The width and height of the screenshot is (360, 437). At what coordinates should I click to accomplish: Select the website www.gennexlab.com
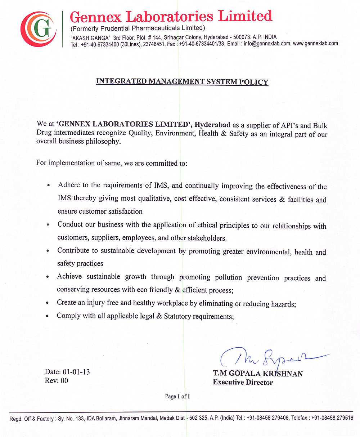click(315, 44)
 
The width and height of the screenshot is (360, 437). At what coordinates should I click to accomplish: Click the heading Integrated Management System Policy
click(182, 81)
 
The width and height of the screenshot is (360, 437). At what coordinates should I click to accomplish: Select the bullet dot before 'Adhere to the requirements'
click(49, 187)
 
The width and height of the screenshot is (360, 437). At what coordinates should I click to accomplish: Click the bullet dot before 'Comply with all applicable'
click(48, 316)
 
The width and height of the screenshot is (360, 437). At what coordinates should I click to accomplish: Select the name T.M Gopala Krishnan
click(257, 374)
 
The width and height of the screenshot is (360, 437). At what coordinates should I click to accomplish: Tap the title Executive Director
click(243, 382)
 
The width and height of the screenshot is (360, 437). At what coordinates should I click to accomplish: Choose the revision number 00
click(64, 380)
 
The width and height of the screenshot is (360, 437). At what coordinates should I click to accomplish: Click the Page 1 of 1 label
click(177, 396)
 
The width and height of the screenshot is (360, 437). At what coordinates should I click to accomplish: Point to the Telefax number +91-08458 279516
click(332, 418)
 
